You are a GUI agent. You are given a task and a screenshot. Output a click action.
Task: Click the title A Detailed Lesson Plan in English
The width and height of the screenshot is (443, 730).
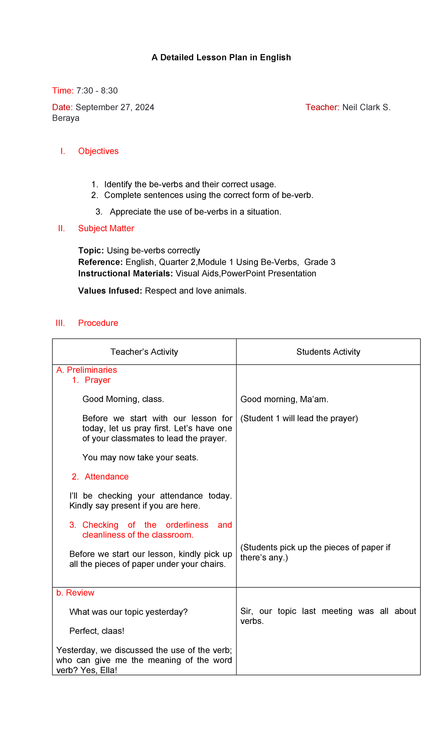click(x=221, y=57)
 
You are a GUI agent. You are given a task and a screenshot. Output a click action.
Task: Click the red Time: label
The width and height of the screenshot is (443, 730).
click(x=63, y=91)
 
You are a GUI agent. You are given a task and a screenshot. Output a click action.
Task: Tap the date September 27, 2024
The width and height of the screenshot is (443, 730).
click(x=115, y=107)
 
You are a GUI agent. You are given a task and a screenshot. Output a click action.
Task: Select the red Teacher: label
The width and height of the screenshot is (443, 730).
click(x=322, y=107)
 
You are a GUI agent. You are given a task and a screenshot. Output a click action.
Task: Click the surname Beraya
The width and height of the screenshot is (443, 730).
click(x=66, y=118)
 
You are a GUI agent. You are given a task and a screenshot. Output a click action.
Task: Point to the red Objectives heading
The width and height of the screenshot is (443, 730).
click(x=98, y=151)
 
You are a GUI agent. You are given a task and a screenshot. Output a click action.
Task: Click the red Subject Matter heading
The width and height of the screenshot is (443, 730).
click(x=106, y=228)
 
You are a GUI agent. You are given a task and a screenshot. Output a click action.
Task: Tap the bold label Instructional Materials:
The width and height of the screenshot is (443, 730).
click(x=126, y=273)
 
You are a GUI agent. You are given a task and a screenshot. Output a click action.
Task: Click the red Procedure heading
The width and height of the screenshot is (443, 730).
click(x=98, y=323)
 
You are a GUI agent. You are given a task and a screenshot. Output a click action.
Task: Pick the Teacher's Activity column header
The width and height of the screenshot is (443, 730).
click(x=144, y=352)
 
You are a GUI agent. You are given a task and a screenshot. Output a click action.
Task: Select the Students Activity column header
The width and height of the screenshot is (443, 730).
click(x=328, y=352)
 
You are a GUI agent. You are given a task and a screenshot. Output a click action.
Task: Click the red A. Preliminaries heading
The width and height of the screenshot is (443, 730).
click(x=86, y=370)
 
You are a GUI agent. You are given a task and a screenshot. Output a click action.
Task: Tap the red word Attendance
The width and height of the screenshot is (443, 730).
click(x=106, y=477)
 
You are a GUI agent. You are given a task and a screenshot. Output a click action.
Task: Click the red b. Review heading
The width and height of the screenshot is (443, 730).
click(x=75, y=593)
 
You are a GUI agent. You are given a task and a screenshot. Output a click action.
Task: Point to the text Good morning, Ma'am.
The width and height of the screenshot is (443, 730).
click(x=284, y=399)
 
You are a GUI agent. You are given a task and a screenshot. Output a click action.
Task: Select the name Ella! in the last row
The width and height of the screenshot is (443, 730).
click(x=109, y=670)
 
